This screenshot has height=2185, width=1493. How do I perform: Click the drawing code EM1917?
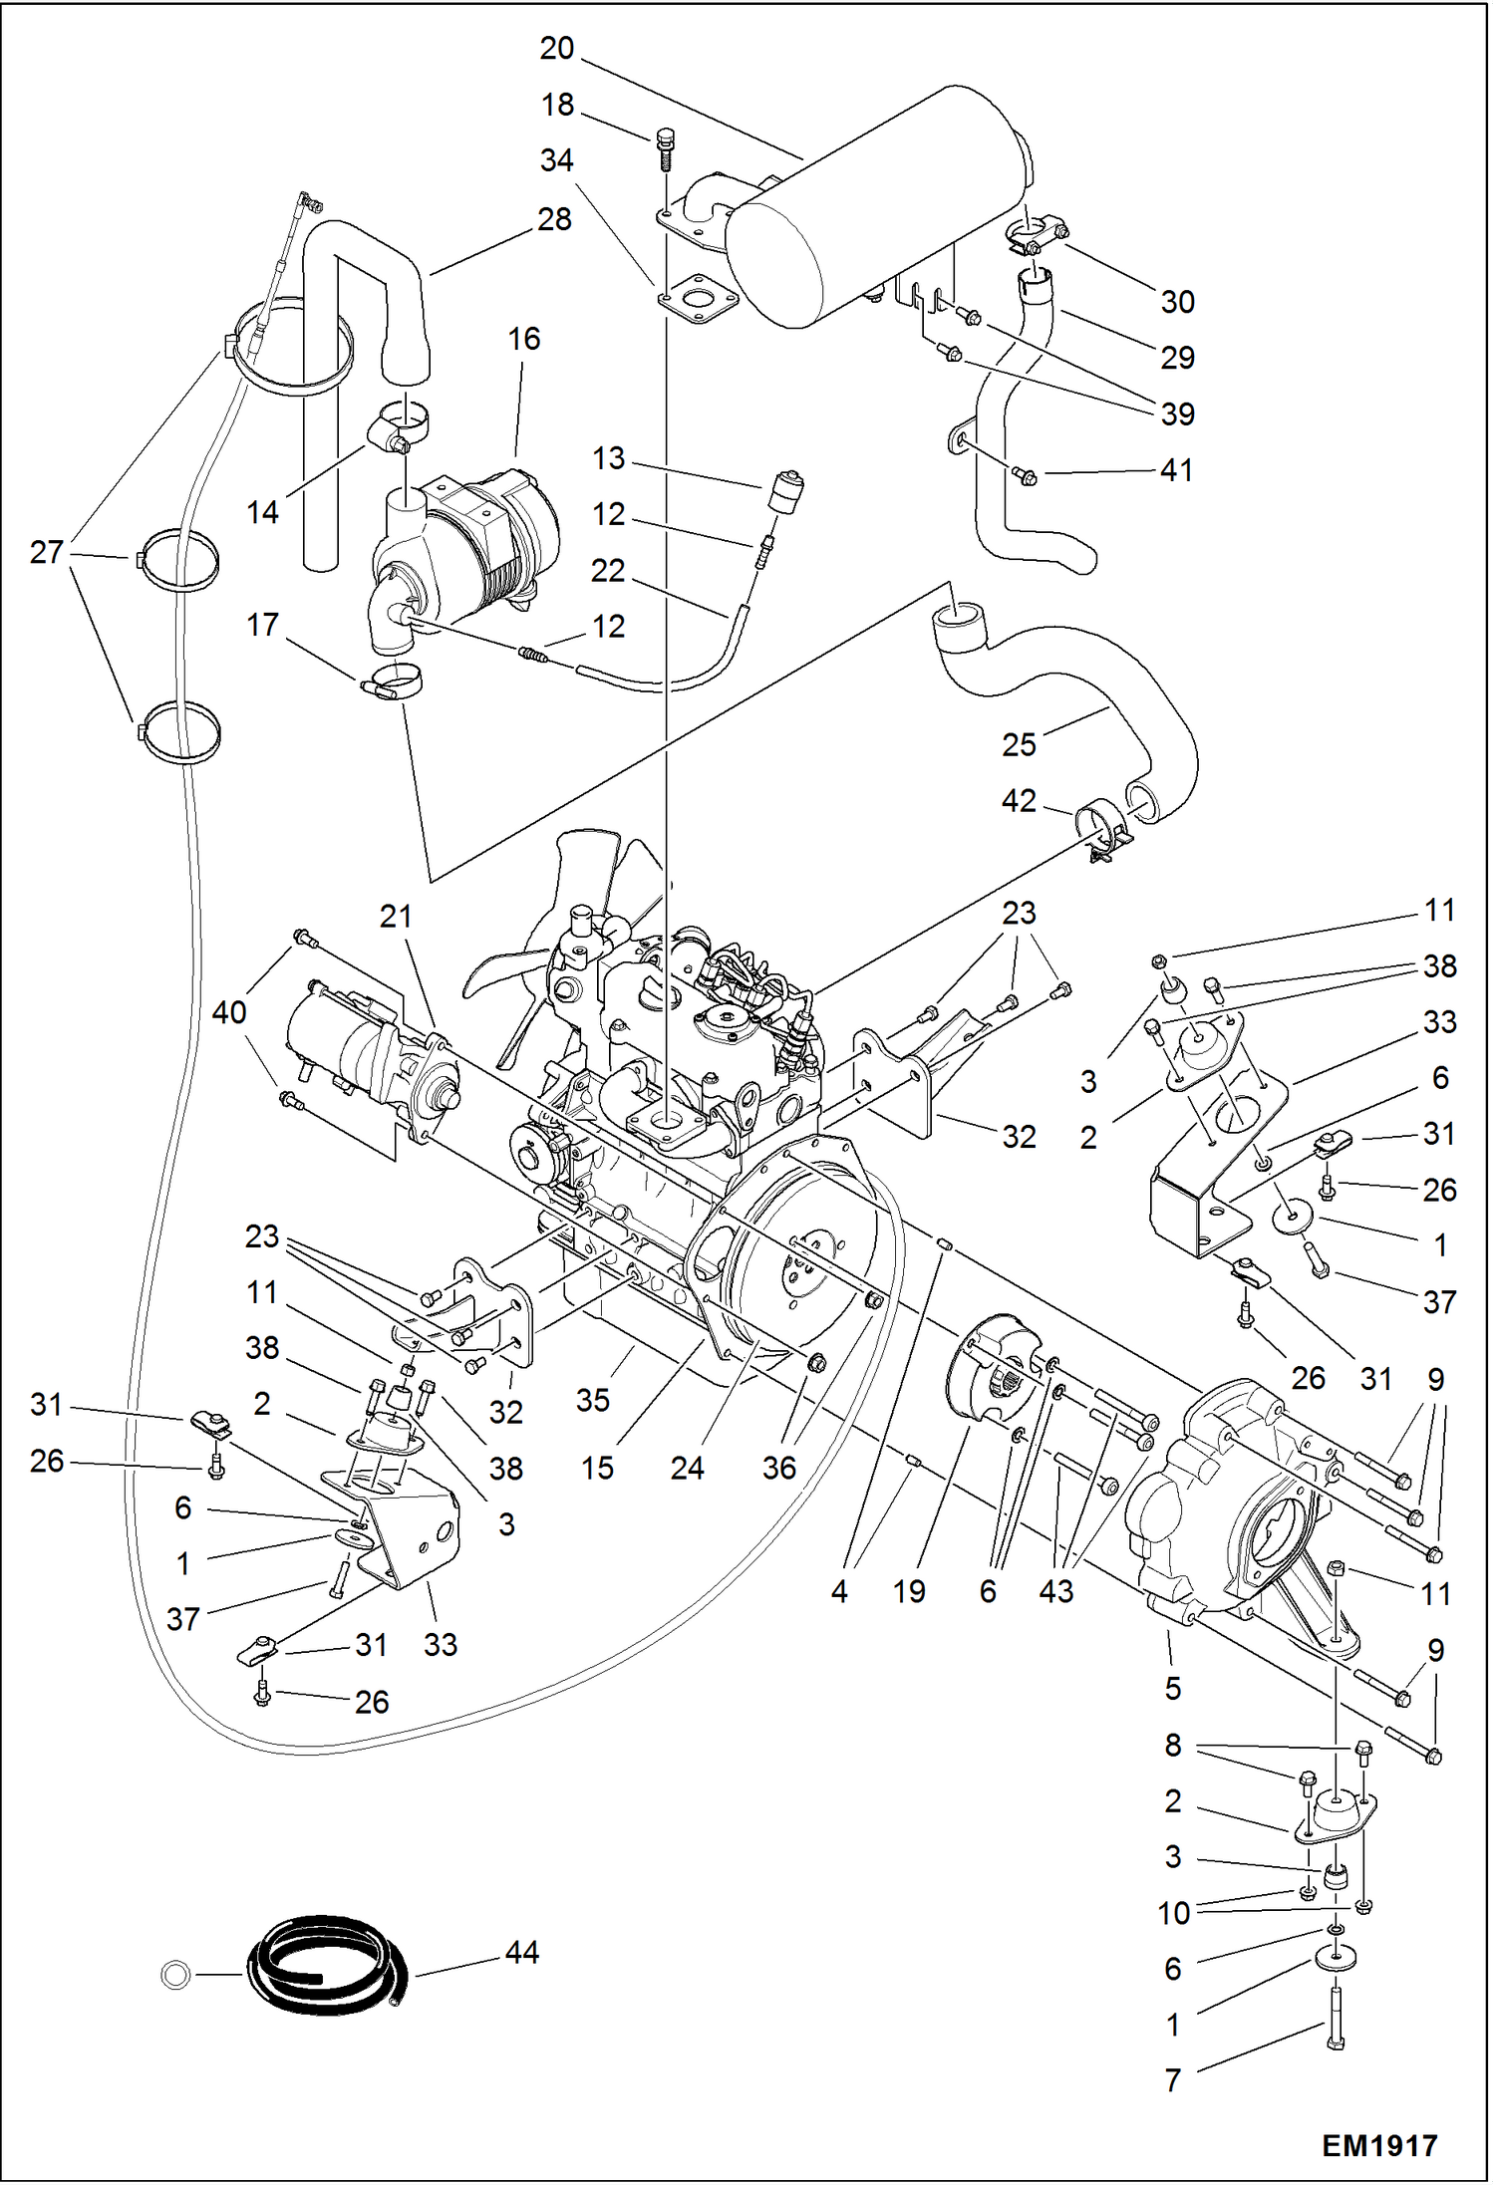click(1378, 2145)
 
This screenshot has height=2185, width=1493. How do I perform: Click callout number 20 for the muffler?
click(557, 48)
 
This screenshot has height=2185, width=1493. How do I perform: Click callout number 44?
click(521, 1952)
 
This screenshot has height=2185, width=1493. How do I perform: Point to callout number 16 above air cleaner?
click(523, 339)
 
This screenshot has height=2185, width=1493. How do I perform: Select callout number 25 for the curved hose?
click(1019, 744)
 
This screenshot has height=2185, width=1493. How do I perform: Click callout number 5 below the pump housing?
click(1172, 1688)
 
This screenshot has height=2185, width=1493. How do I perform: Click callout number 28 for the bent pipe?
click(554, 219)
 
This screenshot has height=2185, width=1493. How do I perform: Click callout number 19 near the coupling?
click(909, 1591)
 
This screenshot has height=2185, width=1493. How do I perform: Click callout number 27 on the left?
click(47, 551)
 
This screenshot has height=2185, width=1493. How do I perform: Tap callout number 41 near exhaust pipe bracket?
click(1176, 469)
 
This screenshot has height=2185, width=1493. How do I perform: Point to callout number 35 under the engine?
click(592, 1400)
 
